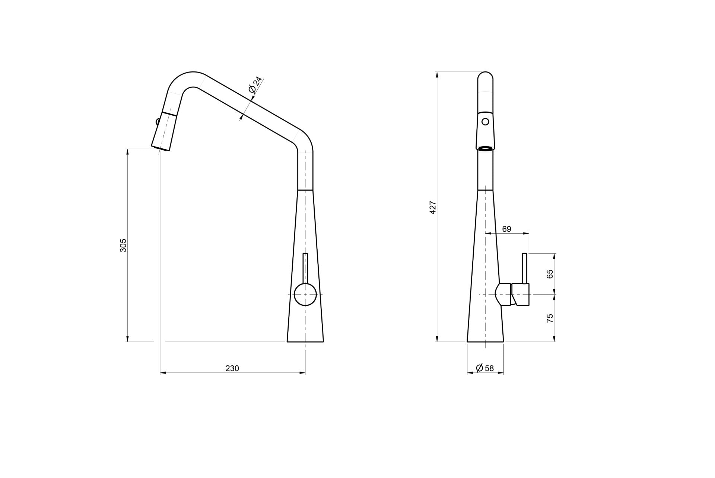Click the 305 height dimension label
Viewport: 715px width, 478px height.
(123, 245)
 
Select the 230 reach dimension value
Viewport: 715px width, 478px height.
(232, 368)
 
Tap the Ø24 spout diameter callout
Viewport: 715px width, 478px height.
(255, 85)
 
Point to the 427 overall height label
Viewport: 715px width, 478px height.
(433, 208)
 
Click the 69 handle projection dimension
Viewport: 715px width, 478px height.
(506, 229)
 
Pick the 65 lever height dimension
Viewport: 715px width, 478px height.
(550, 274)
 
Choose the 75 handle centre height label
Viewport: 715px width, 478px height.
(550, 318)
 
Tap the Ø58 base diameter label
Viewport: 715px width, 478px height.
(485, 368)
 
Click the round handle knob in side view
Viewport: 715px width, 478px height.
(305, 294)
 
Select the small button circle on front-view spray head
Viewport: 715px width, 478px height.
(485, 121)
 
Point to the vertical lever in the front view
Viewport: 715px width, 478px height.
(525, 268)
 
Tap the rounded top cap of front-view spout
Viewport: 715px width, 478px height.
(485, 77)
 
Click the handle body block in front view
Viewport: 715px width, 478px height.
(521, 295)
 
